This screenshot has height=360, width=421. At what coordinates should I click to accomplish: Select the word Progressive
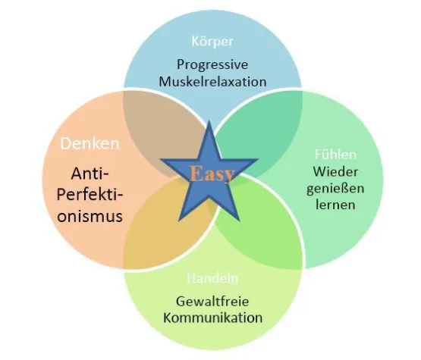point(212,64)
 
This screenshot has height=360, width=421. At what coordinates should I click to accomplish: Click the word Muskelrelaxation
point(212,82)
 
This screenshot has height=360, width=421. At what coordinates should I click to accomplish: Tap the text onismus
point(89,215)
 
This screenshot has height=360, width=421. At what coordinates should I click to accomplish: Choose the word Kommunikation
point(212,317)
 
